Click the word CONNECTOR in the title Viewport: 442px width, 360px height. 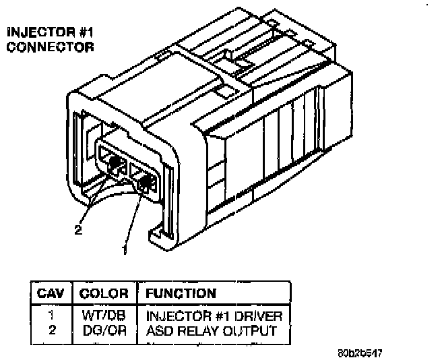pos(49,47)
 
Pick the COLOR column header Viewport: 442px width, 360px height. pos(104,293)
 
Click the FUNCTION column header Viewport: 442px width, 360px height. pos(179,293)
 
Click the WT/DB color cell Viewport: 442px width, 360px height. pos(104,316)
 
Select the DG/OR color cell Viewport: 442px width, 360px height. pos(104,330)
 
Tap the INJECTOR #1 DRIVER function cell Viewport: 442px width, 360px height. pos(214,316)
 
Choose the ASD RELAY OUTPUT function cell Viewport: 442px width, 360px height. pos(211,330)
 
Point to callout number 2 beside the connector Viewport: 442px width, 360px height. pos(78,230)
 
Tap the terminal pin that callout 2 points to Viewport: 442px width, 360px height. pos(115,163)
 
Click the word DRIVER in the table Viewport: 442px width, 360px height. pos(262,316)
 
